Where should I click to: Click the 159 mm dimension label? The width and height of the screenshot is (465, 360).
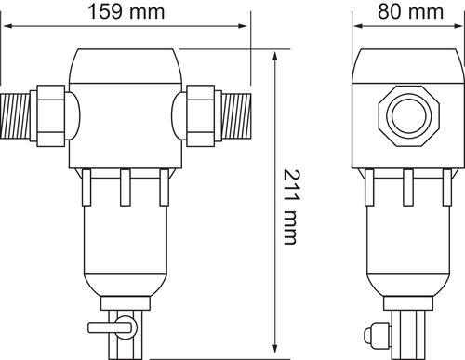coord(124,11)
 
